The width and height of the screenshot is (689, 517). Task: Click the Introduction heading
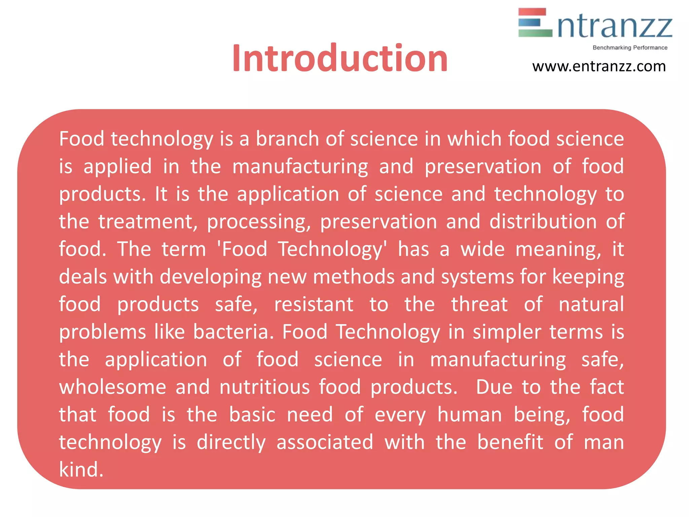340,59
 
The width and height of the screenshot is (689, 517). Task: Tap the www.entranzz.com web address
599,66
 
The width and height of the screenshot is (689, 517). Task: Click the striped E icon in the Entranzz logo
535,23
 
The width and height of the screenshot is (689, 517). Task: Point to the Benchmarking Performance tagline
630,48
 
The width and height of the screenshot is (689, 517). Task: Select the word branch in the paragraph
287,139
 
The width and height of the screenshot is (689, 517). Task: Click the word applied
117,166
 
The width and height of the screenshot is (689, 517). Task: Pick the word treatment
148,222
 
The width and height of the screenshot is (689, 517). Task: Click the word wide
482,249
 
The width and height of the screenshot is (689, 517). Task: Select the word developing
211,277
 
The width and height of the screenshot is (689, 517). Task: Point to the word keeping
588,277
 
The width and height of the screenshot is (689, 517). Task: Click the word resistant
314,305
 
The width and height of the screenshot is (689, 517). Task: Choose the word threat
479,305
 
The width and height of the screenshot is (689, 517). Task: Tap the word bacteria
233,332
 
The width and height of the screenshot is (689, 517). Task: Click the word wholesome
113,387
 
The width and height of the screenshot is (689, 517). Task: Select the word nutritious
264,387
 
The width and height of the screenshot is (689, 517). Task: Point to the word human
470,415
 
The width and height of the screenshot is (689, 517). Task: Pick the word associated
325,442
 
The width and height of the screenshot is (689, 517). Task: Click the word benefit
510,442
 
